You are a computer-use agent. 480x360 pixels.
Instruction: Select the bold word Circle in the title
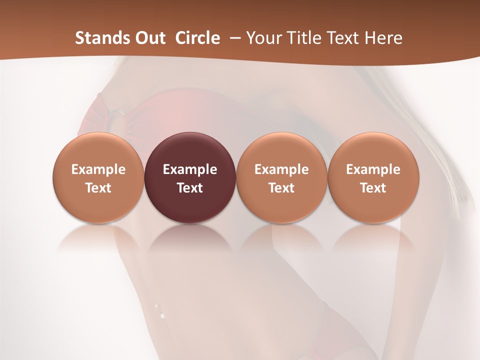coord(197,38)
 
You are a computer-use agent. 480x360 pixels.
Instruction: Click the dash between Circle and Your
coord(233,38)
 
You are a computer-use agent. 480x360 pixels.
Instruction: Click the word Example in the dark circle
coord(190,169)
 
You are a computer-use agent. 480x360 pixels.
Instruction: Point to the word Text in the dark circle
coord(190,188)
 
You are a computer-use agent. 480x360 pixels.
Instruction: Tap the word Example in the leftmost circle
coord(98,169)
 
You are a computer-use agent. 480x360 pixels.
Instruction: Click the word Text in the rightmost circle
coord(373,188)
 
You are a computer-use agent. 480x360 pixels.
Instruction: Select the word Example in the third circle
coord(281,169)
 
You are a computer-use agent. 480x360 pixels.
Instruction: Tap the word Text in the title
coord(343,38)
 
